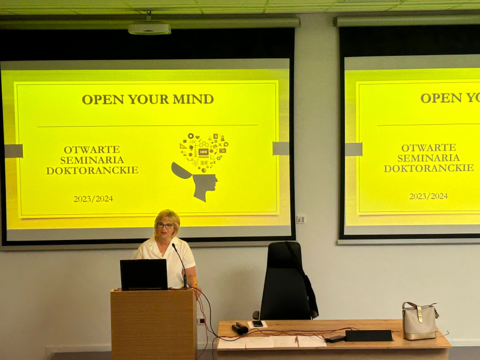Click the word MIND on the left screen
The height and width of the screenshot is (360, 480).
click(x=193, y=99)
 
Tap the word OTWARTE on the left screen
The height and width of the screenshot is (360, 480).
click(x=92, y=149)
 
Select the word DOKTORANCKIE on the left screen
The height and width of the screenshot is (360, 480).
click(x=92, y=170)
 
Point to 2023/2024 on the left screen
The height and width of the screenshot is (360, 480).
click(x=93, y=199)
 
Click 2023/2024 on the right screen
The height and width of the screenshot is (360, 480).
click(x=428, y=196)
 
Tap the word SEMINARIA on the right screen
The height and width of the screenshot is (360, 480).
click(x=428, y=158)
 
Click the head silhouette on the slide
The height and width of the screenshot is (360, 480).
click(x=197, y=182)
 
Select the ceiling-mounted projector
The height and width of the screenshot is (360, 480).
click(x=149, y=28)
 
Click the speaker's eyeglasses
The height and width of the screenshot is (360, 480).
click(x=164, y=226)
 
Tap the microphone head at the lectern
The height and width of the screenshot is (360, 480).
click(x=174, y=246)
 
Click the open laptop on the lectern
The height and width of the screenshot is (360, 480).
click(x=143, y=275)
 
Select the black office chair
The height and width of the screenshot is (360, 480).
click(x=286, y=280)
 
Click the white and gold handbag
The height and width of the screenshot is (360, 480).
click(x=419, y=321)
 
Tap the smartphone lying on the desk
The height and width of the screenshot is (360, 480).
click(x=257, y=323)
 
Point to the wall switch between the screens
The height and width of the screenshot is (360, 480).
click(x=301, y=220)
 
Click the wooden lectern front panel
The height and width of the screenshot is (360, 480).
click(x=153, y=325)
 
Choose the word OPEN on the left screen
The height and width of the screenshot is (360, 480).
click(x=103, y=100)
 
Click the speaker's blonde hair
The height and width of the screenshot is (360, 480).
click(x=167, y=218)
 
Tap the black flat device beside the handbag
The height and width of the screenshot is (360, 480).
click(x=368, y=335)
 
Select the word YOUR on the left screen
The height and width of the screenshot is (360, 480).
click(x=148, y=99)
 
